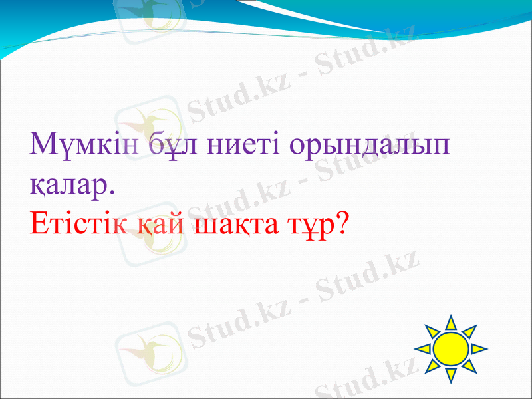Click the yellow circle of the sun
pos(451,348)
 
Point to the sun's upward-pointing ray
pos(451,323)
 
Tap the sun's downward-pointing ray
pos(451,374)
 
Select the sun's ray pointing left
pos(423,348)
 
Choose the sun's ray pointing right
pos(479,348)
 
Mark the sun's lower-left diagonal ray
pos(432,366)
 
